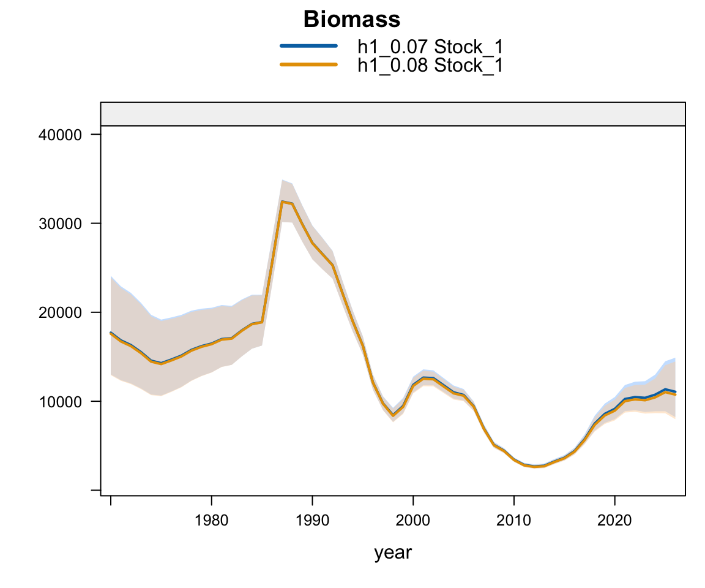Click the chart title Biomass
pos(352,20)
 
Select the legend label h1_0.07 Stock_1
pos(430,47)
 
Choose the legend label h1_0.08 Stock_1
pos(430,66)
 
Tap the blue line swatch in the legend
pos(309,45)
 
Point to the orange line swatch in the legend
pos(309,65)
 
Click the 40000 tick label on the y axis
pos(60,135)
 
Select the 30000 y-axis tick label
pos(60,224)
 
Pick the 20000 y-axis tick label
pos(60,312)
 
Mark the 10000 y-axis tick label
pos(60,402)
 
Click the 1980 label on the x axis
pos(211,521)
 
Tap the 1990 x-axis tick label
pos(313,521)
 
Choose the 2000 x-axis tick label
pos(413,521)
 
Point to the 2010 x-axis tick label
pos(514,521)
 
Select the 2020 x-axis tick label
pos(614,521)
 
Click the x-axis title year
pos(393,553)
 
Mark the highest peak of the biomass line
pos(282,202)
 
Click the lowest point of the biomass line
pos(535,467)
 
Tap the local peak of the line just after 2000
pos(423,378)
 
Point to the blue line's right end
pos(676,392)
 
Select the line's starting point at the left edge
pos(111,333)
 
